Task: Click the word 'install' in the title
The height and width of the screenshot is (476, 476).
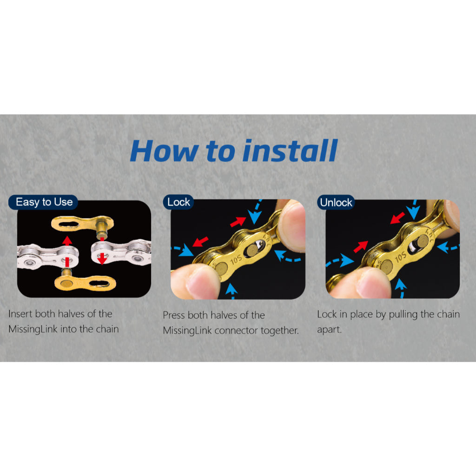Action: pos(291,151)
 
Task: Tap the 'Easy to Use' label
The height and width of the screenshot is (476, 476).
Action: pos(44,202)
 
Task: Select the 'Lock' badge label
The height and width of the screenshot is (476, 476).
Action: pos(178,202)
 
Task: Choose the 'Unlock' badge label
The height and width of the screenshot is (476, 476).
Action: pos(336,202)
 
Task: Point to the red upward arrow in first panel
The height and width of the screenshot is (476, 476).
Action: pos(67,251)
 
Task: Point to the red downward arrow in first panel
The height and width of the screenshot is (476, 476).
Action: pos(102,251)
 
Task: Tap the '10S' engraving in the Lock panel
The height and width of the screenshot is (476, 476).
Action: pos(236,259)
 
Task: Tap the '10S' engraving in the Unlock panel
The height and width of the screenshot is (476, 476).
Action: pos(400,257)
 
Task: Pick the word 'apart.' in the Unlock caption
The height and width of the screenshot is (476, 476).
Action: pos(330,330)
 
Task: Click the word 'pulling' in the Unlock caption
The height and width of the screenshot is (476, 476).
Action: pos(403,315)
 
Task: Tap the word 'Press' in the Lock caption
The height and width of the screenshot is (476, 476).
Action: pos(174,315)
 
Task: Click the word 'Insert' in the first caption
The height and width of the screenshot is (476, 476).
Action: pos(20,314)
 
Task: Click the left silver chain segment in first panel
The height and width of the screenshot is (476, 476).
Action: pos(48,257)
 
